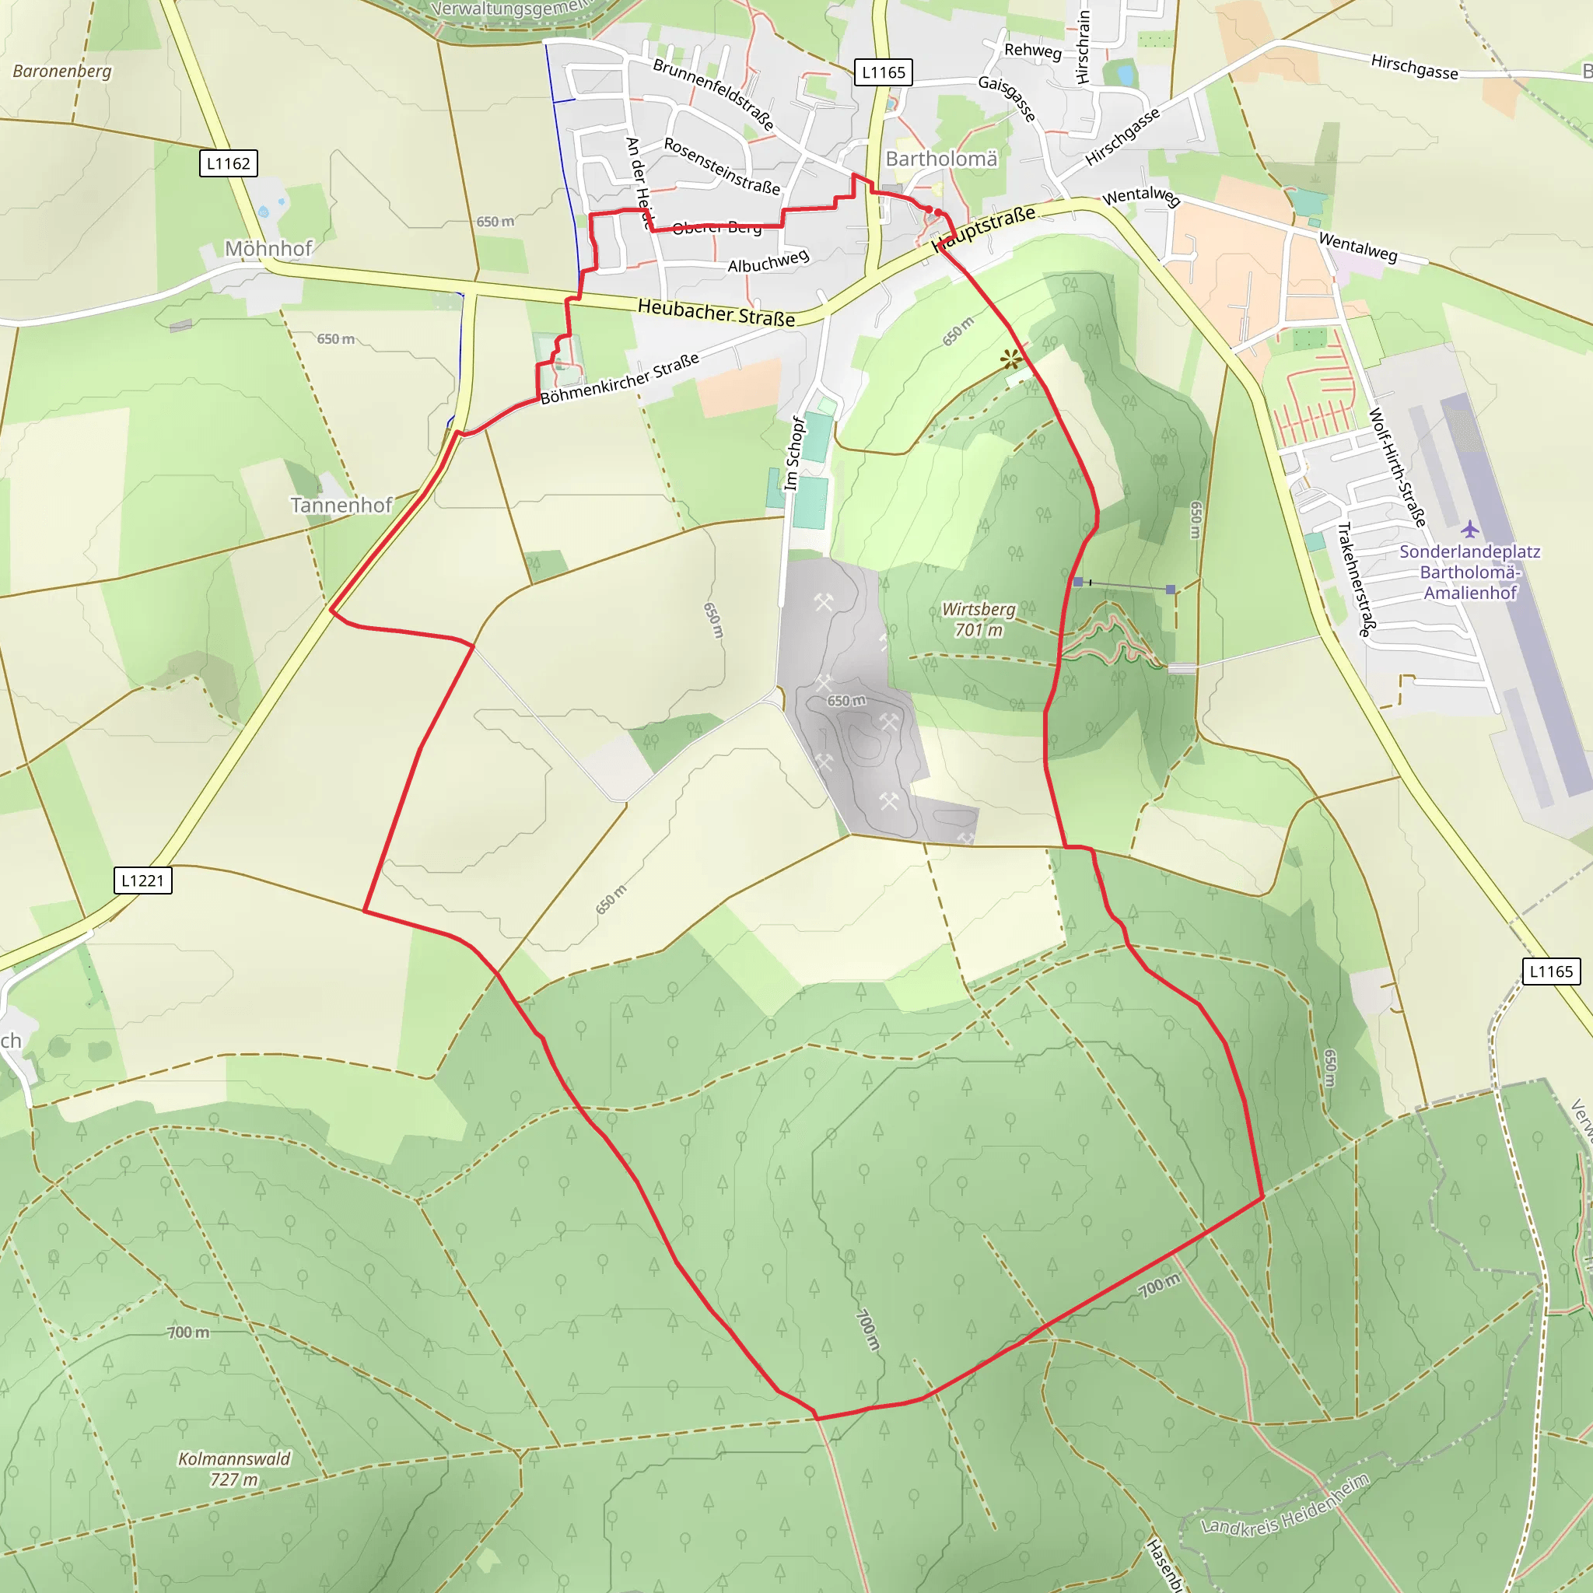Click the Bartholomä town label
point(941,159)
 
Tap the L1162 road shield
point(229,163)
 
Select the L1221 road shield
point(142,881)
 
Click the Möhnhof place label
point(269,248)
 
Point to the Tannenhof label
point(341,505)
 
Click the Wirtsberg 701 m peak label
point(979,619)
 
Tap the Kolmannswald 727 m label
point(234,1469)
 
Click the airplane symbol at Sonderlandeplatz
point(1470,528)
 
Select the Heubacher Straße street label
point(716,313)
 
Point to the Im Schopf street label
point(793,453)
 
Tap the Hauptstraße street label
point(983,229)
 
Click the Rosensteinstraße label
point(722,166)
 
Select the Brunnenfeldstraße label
point(713,94)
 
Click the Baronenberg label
point(62,71)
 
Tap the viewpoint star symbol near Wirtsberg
point(1011,359)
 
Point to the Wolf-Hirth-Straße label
point(1397,467)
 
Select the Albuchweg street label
point(768,261)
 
